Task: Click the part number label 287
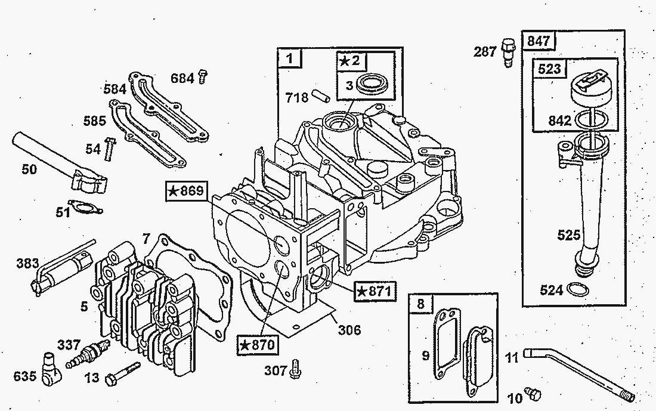[485, 52]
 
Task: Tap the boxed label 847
[539, 41]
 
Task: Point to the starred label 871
[373, 291]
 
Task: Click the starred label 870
[257, 345]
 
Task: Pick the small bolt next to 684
[203, 76]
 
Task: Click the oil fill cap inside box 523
[589, 86]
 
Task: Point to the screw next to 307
[295, 370]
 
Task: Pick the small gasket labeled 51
[86, 207]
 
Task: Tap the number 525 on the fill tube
[568, 234]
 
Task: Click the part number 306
[349, 329]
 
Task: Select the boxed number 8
[421, 304]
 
